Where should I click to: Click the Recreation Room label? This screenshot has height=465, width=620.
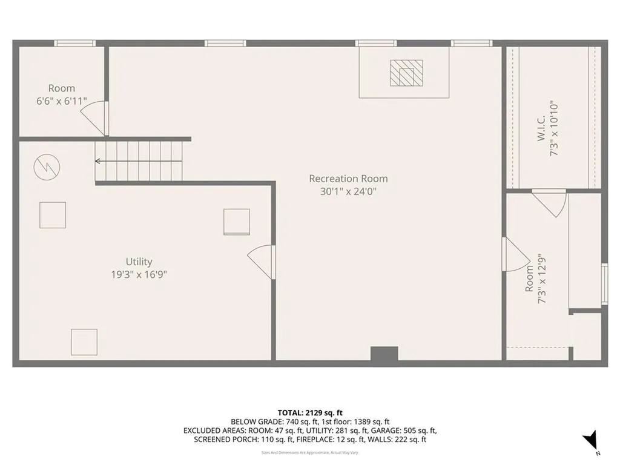pyautogui.click(x=348, y=179)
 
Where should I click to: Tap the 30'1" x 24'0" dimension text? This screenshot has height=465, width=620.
pyautogui.click(x=348, y=191)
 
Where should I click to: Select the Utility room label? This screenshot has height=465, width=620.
pyautogui.click(x=139, y=262)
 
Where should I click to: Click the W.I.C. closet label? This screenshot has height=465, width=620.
pyautogui.click(x=540, y=129)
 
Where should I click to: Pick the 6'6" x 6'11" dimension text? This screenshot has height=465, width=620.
pyautogui.click(x=62, y=101)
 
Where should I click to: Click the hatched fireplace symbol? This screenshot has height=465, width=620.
pyautogui.click(x=404, y=73)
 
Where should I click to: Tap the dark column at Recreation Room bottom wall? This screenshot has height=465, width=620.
pyautogui.click(x=384, y=355)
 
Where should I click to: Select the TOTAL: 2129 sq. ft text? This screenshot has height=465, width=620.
pyautogui.click(x=309, y=412)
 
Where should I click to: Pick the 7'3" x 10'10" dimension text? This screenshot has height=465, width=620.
pyautogui.click(x=553, y=129)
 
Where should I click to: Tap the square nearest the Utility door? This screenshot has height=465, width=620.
pyautogui.click(x=236, y=222)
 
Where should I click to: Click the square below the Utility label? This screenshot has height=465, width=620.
pyautogui.click(x=84, y=342)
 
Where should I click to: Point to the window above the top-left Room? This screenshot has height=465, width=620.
pyautogui.click(x=75, y=43)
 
